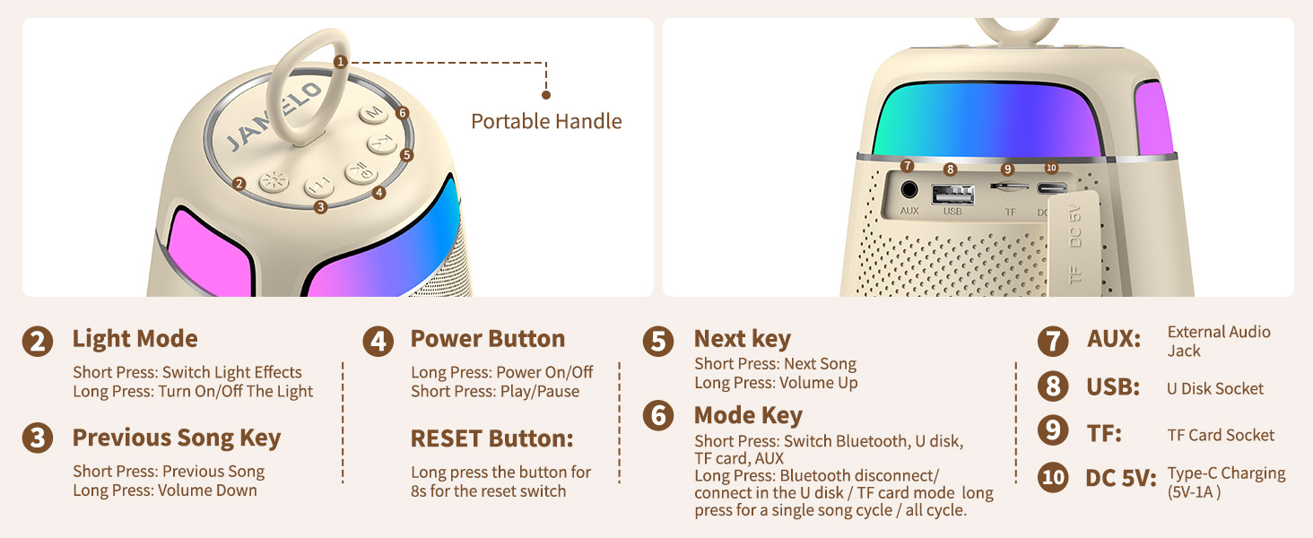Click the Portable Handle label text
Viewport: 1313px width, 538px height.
(546, 121)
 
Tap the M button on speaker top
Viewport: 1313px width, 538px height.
(373, 115)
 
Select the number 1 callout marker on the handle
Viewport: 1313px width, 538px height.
(339, 62)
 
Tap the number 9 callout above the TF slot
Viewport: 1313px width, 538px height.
(1008, 168)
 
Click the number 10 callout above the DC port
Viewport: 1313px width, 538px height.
(1051, 168)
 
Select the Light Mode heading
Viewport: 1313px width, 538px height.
(135, 339)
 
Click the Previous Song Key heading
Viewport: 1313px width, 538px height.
(176, 438)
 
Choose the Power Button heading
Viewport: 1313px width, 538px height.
(487, 339)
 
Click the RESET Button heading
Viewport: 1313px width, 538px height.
(491, 438)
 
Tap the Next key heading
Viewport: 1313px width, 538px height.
(742, 339)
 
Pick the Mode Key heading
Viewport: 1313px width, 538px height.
(747, 415)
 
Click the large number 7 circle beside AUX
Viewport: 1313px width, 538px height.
(1053, 341)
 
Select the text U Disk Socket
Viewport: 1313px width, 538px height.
(1214, 388)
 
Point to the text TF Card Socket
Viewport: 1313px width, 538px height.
(1220, 435)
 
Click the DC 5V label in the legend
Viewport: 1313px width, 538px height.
(1119, 478)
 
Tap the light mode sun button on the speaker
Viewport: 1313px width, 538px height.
(272, 180)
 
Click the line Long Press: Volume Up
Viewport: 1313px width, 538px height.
(776, 383)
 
